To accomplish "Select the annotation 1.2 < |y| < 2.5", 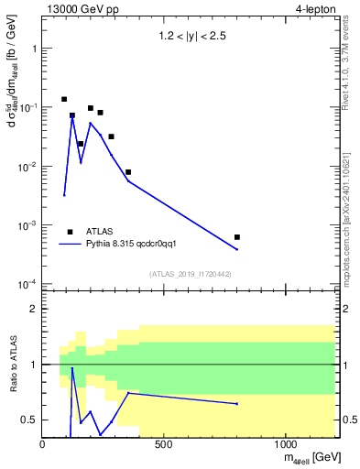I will pyautogui.click(x=191, y=38).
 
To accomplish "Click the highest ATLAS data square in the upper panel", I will pyautogui.click(x=64, y=99).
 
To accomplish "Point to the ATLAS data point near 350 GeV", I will pyautogui.click(x=128, y=172).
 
